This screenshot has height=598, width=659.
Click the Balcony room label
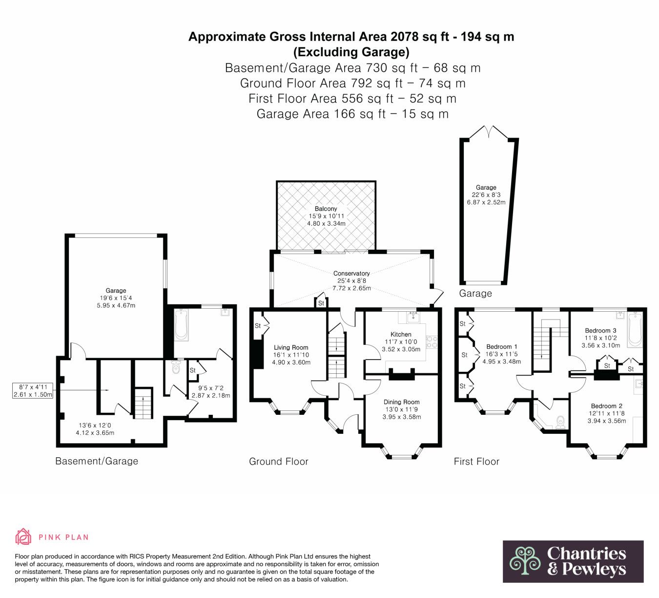point(326,209)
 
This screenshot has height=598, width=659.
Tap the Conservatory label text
point(351,273)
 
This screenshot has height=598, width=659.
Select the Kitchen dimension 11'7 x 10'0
point(401,342)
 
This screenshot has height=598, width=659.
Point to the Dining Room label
point(401,402)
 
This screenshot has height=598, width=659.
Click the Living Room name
point(291,347)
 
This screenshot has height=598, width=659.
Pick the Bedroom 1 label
point(502,346)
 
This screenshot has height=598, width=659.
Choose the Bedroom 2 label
point(606,406)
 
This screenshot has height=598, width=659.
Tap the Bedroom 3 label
point(600,330)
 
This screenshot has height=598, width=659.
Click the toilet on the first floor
point(561,422)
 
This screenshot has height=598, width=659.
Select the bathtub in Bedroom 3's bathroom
point(635,329)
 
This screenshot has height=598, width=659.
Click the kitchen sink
point(412,317)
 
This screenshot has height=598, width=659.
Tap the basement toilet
point(176,366)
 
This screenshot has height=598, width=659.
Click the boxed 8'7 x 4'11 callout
point(33,390)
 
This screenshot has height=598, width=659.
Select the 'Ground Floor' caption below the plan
point(279,462)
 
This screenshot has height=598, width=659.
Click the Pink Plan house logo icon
point(23,536)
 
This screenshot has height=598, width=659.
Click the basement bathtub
point(181,325)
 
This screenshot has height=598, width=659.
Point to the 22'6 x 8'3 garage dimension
point(486,195)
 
